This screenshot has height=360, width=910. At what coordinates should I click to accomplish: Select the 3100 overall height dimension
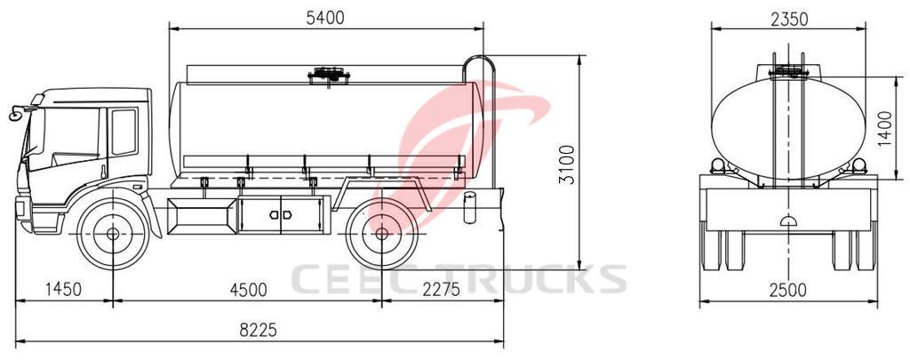tap(569, 164)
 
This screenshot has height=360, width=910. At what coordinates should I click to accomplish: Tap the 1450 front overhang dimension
tap(63, 288)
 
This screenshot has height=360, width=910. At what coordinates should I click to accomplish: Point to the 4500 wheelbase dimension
tap(247, 288)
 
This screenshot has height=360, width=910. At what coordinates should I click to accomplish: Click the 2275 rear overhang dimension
tap(442, 288)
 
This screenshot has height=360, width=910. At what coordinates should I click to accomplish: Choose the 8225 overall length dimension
tap(259, 329)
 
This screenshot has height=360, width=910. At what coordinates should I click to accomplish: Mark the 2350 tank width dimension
tap(787, 17)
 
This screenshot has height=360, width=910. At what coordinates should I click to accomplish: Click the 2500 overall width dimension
tap(787, 289)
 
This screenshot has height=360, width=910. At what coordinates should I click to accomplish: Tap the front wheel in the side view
tap(113, 234)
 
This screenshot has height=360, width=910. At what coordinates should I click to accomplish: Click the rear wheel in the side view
tap(381, 234)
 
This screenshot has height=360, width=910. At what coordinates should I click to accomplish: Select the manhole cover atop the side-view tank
tap(327, 76)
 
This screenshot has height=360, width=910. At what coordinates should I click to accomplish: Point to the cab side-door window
tap(124, 132)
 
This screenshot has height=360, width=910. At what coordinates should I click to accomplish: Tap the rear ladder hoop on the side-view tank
tap(480, 69)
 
